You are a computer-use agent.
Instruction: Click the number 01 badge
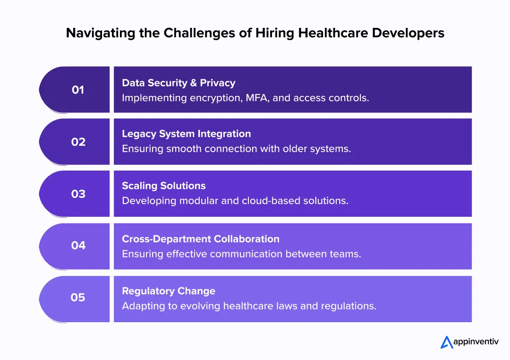[x=78, y=90]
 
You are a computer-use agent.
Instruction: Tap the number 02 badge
[x=78, y=142]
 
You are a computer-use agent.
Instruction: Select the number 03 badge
[x=78, y=194]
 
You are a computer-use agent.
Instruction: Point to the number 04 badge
[x=78, y=246]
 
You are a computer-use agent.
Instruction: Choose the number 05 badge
[x=78, y=298]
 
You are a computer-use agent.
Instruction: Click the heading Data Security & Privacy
[x=178, y=83]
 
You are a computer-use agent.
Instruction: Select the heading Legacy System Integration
[x=186, y=134]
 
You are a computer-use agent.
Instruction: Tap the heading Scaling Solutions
[x=163, y=186]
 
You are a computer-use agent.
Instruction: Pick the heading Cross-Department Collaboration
[x=200, y=239]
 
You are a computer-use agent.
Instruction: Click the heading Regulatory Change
[x=168, y=291]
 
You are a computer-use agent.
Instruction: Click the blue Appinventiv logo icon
[x=447, y=342]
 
